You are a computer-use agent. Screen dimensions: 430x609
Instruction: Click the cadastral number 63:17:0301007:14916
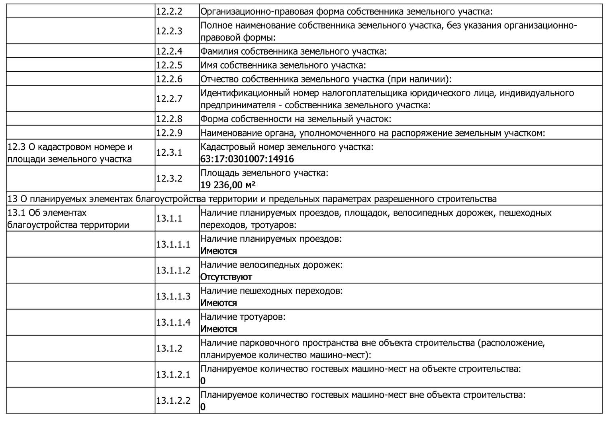(247, 159)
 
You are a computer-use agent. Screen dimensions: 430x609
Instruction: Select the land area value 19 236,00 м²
(228, 185)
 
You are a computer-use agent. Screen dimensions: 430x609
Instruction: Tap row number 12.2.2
(169, 12)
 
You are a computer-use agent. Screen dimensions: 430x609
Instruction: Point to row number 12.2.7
(169, 99)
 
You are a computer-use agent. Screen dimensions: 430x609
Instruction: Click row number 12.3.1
(169, 152)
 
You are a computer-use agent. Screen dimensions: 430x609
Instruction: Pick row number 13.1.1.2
(173, 270)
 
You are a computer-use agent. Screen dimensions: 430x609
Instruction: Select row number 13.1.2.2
(173, 401)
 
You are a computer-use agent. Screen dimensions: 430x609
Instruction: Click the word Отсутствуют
(226, 277)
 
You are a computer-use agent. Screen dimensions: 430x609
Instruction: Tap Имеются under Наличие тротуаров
(218, 329)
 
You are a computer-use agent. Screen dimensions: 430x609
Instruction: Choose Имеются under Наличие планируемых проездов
(218, 251)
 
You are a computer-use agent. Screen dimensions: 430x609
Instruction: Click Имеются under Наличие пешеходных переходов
(218, 303)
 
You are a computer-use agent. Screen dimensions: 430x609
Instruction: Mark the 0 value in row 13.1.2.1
(203, 381)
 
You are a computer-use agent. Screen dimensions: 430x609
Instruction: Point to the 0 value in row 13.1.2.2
(203, 407)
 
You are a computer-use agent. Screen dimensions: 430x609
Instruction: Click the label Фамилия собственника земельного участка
(294, 51)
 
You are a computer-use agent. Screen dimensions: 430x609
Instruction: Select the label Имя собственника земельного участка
(283, 65)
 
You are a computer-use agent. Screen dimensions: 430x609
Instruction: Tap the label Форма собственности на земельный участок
(296, 119)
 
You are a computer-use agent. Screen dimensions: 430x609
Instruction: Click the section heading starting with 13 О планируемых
(252, 199)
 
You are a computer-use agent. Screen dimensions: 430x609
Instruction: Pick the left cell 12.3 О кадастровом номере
(70, 153)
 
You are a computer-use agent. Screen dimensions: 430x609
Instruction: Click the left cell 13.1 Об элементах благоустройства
(68, 219)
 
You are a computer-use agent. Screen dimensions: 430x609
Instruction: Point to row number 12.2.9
(169, 133)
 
